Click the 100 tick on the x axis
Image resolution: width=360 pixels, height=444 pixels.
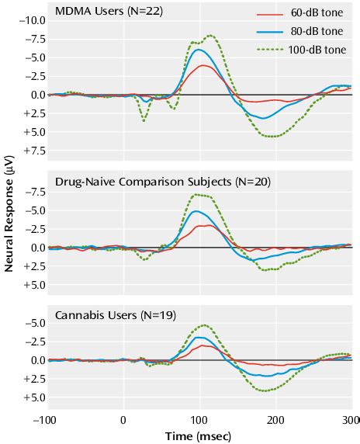coord(199,420)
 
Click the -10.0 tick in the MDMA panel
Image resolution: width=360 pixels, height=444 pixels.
coord(28,19)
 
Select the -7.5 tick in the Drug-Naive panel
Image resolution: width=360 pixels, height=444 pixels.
coord(31,191)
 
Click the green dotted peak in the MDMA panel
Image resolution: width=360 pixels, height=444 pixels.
coord(209,35)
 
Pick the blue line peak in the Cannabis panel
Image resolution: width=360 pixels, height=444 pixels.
coord(199,338)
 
